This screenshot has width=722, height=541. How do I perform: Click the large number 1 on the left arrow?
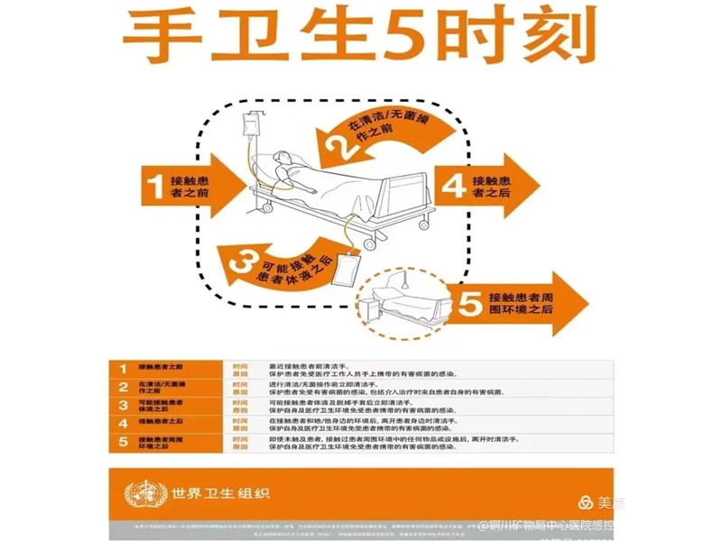click(154, 184)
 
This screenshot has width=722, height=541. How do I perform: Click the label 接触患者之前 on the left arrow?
click(190, 185)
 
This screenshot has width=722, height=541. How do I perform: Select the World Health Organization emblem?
click(140, 492)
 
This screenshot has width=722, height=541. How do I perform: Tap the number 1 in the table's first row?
click(123, 368)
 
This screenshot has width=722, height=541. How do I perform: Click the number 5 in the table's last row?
click(123, 441)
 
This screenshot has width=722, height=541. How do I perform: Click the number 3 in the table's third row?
click(123, 405)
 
